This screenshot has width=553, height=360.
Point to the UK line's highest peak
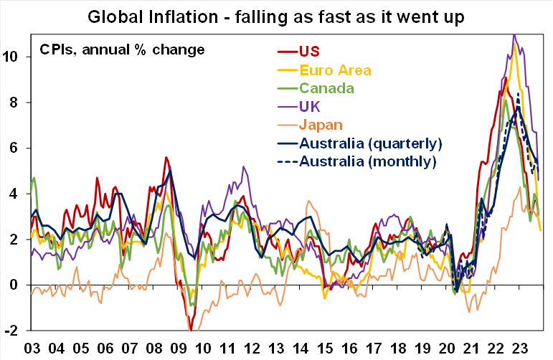point(514,35)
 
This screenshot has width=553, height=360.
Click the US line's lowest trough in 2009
point(191,330)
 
